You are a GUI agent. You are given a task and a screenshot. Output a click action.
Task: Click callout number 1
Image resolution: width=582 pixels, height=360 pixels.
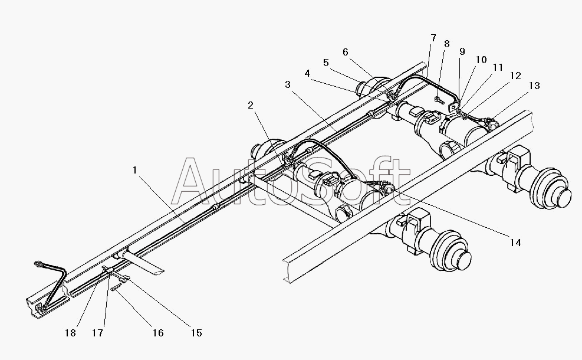pyautogui.click(x=134, y=170)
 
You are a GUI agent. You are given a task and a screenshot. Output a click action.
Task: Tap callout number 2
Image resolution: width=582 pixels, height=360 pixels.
pyautogui.click(x=251, y=106)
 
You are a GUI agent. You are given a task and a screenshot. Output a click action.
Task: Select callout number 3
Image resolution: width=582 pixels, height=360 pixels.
pyautogui.click(x=288, y=85)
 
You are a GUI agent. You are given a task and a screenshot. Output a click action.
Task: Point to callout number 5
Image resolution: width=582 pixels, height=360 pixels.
pyautogui.click(x=326, y=63)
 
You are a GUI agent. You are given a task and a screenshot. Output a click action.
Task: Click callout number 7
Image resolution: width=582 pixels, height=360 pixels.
pyautogui.click(x=433, y=38)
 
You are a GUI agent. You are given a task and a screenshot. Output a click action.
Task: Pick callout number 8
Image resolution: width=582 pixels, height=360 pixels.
pyautogui.click(x=446, y=44)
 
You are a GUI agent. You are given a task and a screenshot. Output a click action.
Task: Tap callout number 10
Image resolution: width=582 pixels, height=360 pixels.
pyautogui.click(x=481, y=60)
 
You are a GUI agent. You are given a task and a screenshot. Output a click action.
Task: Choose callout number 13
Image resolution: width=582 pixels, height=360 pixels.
pyautogui.click(x=534, y=86)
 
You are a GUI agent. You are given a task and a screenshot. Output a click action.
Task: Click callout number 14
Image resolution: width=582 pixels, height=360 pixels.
pyautogui.click(x=515, y=243)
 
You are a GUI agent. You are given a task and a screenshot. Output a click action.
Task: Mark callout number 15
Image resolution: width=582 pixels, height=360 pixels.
pyautogui.click(x=196, y=333)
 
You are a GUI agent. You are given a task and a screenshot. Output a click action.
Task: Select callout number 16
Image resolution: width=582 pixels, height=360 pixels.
pyautogui.click(x=158, y=333)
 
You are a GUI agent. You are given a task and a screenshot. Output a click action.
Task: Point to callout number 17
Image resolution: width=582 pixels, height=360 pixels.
pyautogui.click(x=98, y=333)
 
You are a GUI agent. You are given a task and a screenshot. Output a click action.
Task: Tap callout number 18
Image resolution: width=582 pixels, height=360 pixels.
pyautogui.click(x=70, y=333)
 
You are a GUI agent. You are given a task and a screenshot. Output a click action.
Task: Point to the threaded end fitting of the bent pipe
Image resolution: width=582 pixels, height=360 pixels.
pyautogui.click(x=37, y=264)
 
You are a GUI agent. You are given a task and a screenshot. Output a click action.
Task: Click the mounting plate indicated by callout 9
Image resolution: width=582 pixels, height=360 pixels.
pyautogui.click(x=453, y=106)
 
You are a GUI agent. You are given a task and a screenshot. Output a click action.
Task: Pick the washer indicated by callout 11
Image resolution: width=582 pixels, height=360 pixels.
pyautogui.click(x=459, y=112)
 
